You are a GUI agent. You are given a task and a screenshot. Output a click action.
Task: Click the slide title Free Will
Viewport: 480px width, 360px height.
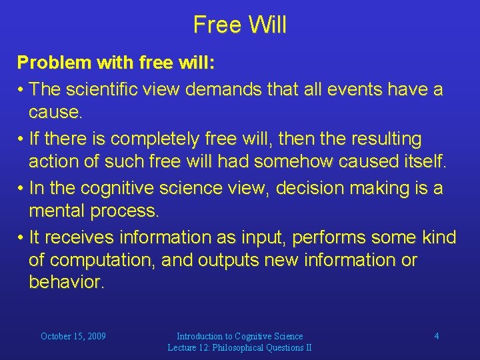pyautogui.click(x=240, y=25)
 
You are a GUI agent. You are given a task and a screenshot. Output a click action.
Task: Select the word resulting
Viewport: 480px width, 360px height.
pyautogui.click(x=382, y=139)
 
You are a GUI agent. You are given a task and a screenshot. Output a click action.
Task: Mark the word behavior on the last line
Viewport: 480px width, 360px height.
pyautogui.click(x=66, y=282)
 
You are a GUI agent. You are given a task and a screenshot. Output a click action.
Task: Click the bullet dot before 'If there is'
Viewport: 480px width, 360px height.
pyautogui.click(x=21, y=139)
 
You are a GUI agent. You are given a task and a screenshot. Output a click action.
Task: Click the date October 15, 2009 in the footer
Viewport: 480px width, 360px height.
pyautogui.click(x=73, y=336)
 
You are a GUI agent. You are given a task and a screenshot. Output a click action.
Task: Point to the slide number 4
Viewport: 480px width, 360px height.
pyautogui.click(x=437, y=336)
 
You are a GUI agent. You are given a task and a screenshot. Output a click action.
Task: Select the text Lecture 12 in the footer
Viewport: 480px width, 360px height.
pyautogui.click(x=191, y=347)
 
